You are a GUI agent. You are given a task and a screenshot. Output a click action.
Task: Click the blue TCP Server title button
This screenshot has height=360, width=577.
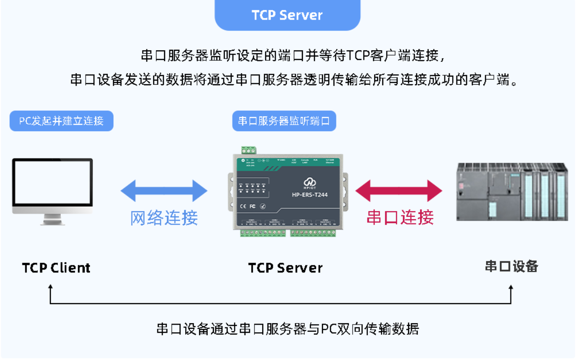pyautogui.click(x=287, y=15)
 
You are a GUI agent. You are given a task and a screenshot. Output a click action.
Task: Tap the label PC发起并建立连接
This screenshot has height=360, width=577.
pyautogui.click(x=61, y=121)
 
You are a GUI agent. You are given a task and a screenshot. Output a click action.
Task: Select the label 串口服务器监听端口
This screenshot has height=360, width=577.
pyautogui.click(x=284, y=121)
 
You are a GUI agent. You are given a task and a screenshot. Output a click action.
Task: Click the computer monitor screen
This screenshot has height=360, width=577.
pyautogui.click(x=53, y=184)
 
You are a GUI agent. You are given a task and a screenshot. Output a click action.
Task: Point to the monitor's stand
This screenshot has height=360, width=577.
pyautogui.click(x=53, y=219)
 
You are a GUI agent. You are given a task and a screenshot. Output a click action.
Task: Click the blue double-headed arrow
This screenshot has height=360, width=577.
pyautogui.click(x=164, y=191)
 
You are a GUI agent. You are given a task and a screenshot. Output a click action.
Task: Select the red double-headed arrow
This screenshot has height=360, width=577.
pyautogui.click(x=399, y=191)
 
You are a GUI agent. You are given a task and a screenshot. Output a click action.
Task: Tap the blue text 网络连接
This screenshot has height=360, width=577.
pyautogui.click(x=164, y=218)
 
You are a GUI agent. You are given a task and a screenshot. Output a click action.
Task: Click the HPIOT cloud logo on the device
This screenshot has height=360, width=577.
pyautogui.click(x=310, y=182)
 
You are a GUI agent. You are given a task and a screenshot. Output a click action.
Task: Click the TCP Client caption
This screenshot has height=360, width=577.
pyautogui.click(x=56, y=268)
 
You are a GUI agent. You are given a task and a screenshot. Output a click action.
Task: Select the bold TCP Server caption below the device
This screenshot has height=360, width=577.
pyautogui.click(x=285, y=268)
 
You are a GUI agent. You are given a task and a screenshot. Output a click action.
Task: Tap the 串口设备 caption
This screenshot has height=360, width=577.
pyautogui.click(x=511, y=267)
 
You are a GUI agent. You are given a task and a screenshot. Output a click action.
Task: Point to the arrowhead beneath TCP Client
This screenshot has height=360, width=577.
pyautogui.click(x=50, y=287)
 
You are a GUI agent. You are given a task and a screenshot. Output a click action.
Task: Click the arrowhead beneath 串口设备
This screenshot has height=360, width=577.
pyautogui.click(x=511, y=288)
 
